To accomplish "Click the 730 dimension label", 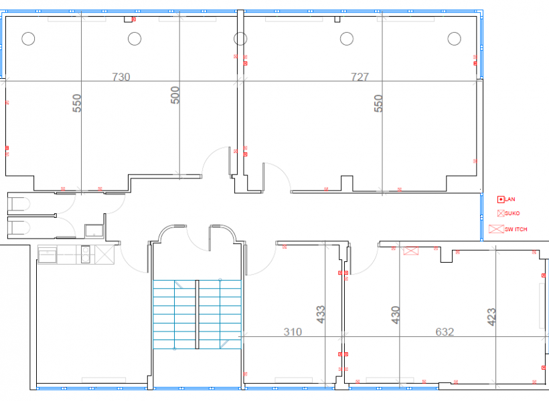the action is (x=121, y=77).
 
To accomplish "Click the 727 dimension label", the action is (x=360, y=77).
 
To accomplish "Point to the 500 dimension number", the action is (x=175, y=95).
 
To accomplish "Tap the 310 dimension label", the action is (x=293, y=331).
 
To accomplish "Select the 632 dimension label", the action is (x=445, y=331).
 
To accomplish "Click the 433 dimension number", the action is (x=321, y=314).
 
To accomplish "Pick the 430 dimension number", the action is (x=395, y=315).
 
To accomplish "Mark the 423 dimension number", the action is (x=491, y=317).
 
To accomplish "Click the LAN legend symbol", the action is (x=501, y=200).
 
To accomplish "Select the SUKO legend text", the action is (x=512, y=213).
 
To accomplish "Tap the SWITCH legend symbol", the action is (x=496, y=229).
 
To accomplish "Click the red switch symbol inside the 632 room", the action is (x=410, y=251).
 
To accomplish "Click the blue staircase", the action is (x=197, y=314).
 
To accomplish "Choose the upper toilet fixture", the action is (x=19, y=204).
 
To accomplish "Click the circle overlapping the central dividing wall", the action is (x=240, y=39).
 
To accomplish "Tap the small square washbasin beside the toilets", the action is (x=94, y=231).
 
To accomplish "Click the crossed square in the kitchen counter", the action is (x=104, y=254).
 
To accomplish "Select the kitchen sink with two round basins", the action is (x=86, y=254).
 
